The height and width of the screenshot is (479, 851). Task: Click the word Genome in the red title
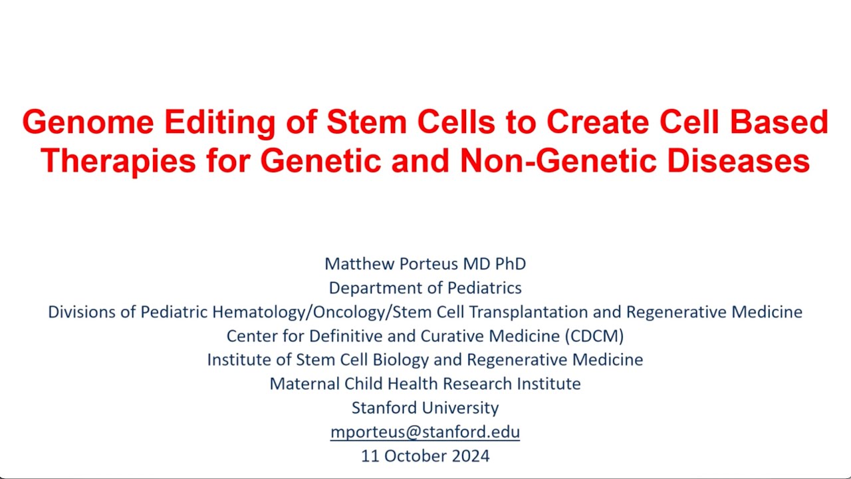[88, 123]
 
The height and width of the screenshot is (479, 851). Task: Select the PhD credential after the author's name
[511, 263]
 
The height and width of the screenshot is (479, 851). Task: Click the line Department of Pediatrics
[425, 287]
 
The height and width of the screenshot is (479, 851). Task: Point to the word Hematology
[266, 311]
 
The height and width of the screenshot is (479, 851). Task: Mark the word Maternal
[304, 383]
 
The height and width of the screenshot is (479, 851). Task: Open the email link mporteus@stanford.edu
[425, 432]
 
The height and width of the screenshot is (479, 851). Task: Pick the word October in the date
[413, 456]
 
